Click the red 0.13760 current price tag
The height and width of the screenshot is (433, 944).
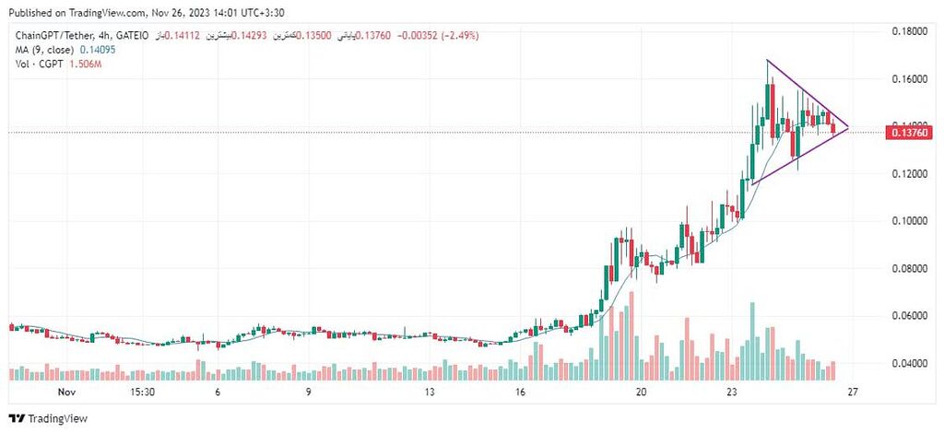909,134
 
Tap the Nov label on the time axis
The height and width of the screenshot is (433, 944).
65,392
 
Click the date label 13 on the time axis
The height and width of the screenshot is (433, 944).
429,392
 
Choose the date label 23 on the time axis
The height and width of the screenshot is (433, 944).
732,392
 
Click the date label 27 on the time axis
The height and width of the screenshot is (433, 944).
853,392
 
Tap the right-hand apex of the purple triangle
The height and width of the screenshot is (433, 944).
848,127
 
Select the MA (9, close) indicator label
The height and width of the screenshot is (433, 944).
43,49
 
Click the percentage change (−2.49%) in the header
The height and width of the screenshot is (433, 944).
454,36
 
